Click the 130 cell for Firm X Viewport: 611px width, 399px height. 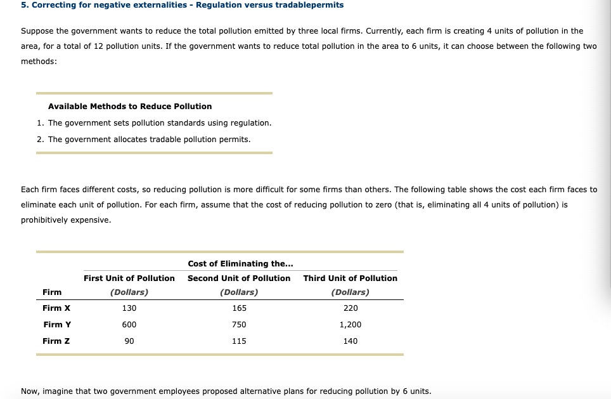click(129, 308)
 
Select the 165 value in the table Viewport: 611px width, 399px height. click(239, 308)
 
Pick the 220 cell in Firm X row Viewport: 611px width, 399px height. click(350, 308)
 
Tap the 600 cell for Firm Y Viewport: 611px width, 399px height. click(129, 325)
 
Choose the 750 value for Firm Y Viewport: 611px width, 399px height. click(239, 325)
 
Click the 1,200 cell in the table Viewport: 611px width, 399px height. click(350, 325)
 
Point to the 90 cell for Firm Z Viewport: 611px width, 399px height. click(129, 341)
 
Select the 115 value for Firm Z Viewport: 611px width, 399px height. click(239, 341)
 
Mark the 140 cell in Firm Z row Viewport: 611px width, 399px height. click(350, 341)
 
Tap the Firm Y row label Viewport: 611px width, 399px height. click(56, 325)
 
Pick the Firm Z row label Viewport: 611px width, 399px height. click(56, 341)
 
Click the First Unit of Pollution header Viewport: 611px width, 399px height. click(129, 278)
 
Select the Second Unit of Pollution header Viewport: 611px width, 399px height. click(239, 278)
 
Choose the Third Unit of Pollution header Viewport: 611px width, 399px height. click(350, 278)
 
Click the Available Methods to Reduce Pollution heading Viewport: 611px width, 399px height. click(130, 107)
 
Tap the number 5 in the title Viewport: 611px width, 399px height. click(23, 5)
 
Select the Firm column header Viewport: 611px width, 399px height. click(52, 292)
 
